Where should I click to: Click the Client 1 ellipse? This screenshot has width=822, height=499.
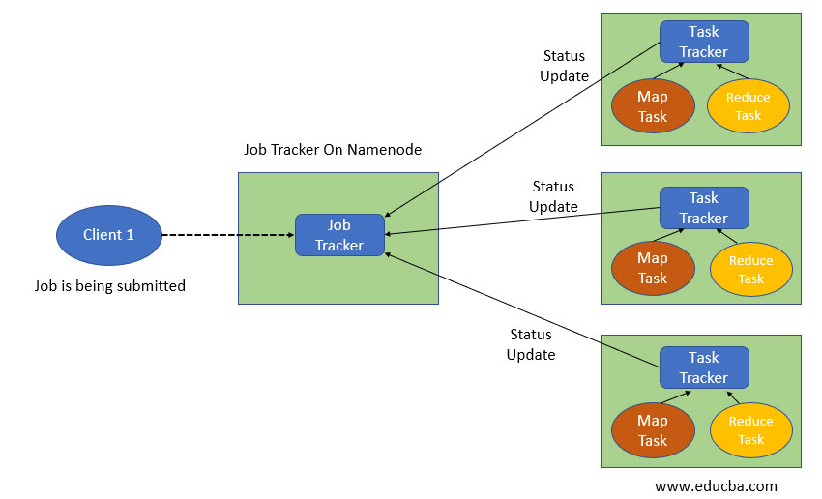click(x=108, y=235)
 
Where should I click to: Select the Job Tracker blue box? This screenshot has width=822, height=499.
click(x=339, y=235)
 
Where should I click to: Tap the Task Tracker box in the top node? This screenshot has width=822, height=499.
click(x=704, y=42)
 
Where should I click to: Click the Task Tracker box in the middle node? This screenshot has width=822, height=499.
click(x=704, y=208)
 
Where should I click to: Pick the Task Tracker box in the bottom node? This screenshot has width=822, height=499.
click(x=704, y=367)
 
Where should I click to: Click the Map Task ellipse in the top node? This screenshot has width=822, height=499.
click(x=653, y=106)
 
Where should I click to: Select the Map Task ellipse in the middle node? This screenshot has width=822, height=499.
click(x=653, y=268)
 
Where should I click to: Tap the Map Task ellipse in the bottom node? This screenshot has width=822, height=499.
click(x=653, y=430)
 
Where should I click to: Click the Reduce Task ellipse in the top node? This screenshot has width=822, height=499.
click(x=749, y=106)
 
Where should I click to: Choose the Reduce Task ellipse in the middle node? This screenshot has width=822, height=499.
click(x=751, y=269)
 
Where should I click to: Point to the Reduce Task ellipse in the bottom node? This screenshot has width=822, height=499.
click(x=751, y=430)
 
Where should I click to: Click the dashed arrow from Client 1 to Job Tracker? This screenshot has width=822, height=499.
click(x=227, y=235)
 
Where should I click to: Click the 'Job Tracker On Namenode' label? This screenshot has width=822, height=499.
click(x=332, y=150)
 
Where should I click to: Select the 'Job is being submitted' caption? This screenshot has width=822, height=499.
click(x=108, y=285)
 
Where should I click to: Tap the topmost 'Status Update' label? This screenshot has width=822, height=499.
click(x=565, y=66)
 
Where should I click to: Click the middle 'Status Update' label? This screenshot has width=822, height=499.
click(x=554, y=196)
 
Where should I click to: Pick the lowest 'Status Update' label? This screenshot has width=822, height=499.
click(x=531, y=344)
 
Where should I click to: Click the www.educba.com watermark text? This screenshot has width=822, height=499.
click(x=715, y=485)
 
